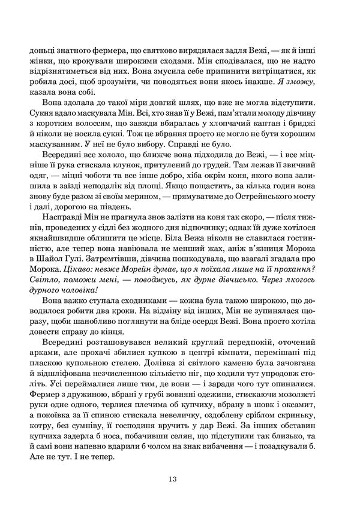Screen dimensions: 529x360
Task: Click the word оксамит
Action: (309, 406)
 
